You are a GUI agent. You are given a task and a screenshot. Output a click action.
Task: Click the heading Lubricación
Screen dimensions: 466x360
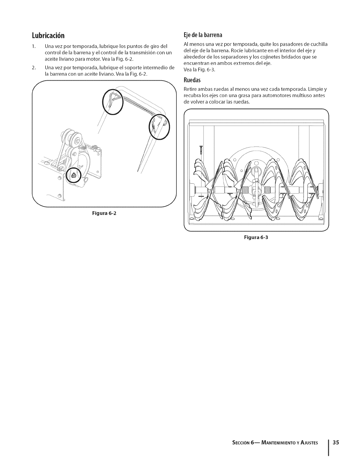coord(48,36)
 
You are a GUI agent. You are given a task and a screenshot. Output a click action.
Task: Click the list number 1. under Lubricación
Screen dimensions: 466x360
coord(34,46)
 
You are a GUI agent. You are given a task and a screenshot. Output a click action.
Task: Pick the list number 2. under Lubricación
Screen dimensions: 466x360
coord(34,68)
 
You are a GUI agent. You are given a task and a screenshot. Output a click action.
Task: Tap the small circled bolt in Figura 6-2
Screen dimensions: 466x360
coord(74,176)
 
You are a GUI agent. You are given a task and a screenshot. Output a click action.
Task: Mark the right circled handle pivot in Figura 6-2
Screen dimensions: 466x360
coord(159,126)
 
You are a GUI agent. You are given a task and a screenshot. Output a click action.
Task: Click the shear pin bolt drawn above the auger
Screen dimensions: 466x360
coord(201,149)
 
